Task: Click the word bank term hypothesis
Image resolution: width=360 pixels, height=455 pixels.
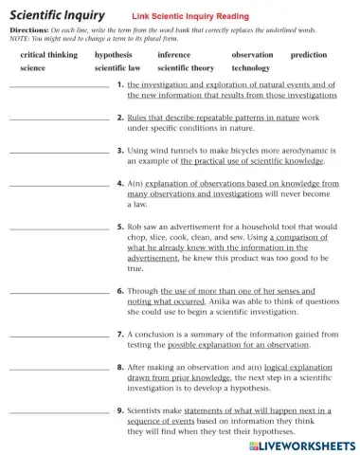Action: coord(113,56)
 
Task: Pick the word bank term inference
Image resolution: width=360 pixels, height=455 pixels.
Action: coord(173,56)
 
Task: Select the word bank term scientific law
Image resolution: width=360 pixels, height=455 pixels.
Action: coord(117,69)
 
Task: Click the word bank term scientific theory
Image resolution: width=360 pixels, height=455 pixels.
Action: coord(186,69)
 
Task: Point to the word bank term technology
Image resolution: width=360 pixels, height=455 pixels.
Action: coord(251,69)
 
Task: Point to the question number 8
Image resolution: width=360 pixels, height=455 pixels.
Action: coord(120,367)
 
